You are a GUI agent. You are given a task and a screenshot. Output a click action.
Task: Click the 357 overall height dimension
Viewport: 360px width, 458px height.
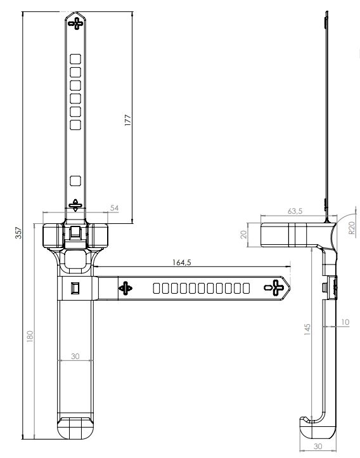click(18, 233)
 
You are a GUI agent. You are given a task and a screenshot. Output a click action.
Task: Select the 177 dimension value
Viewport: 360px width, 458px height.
click(128, 121)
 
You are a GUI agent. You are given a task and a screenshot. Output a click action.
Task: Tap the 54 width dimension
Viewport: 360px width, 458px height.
click(114, 208)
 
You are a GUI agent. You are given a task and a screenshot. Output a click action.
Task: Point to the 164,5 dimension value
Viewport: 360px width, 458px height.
click(181, 262)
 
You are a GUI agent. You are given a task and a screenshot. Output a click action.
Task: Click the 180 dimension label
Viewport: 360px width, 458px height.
click(30, 336)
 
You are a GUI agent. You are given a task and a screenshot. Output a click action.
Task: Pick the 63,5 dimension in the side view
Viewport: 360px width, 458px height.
click(295, 211)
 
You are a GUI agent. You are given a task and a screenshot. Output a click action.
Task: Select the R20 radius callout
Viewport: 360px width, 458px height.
click(352, 228)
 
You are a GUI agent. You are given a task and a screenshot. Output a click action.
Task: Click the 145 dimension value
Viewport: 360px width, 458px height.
click(307, 329)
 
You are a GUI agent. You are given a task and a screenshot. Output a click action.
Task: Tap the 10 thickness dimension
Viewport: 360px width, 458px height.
click(345, 322)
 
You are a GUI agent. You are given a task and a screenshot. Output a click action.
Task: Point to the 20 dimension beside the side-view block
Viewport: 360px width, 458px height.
click(243, 234)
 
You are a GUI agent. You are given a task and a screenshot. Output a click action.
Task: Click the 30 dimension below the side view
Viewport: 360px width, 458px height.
click(318, 446)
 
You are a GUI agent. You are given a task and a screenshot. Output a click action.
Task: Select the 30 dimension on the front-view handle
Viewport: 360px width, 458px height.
click(75, 356)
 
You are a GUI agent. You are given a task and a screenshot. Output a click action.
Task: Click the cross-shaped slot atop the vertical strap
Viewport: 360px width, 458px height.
click(75, 23)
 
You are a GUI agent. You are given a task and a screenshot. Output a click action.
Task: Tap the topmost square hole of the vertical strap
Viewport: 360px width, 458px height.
click(75, 59)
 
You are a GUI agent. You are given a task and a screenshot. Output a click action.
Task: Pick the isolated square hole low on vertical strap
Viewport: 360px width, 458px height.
click(75, 181)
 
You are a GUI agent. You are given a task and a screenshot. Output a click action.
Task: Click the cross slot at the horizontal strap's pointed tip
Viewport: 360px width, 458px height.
click(274, 288)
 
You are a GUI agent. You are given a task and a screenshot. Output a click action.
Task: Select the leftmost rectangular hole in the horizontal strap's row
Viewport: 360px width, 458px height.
click(157, 288)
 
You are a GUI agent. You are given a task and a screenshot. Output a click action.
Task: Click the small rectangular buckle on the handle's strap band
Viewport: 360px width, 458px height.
click(75, 288)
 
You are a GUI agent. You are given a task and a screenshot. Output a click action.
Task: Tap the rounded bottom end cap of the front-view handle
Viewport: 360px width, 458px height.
click(75, 428)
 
